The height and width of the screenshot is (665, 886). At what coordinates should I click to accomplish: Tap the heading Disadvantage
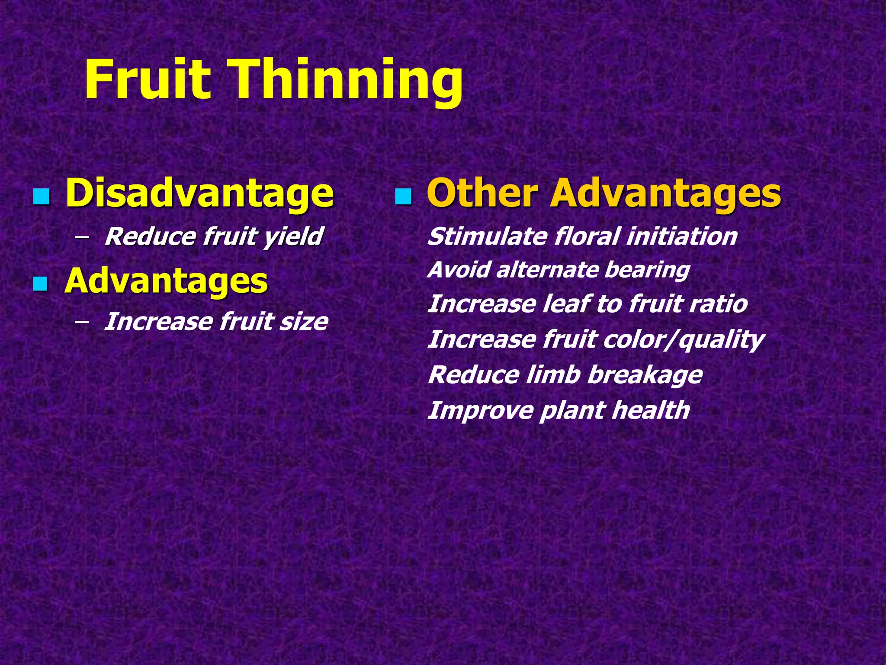pos(199,194)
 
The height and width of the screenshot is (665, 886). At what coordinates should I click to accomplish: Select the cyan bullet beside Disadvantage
pos(42,197)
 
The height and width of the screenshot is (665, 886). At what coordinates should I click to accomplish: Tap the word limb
pos(552,375)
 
